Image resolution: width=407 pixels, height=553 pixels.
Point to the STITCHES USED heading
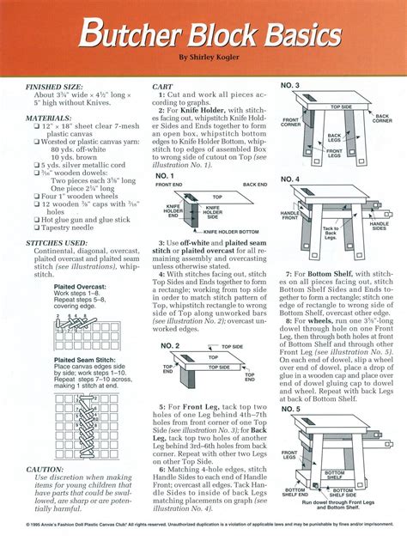(x=58, y=243)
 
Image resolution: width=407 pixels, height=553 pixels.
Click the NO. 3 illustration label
(x=289, y=87)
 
